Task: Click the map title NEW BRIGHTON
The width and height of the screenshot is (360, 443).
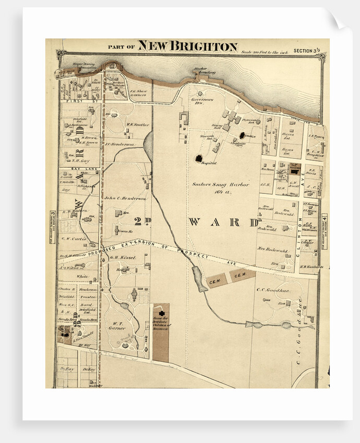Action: click(x=187, y=46)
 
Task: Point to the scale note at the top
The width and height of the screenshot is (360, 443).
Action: click(x=265, y=51)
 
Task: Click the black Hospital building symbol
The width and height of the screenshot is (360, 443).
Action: click(x=199, y=157)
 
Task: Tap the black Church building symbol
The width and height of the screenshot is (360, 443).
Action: click(x=242, y=135)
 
